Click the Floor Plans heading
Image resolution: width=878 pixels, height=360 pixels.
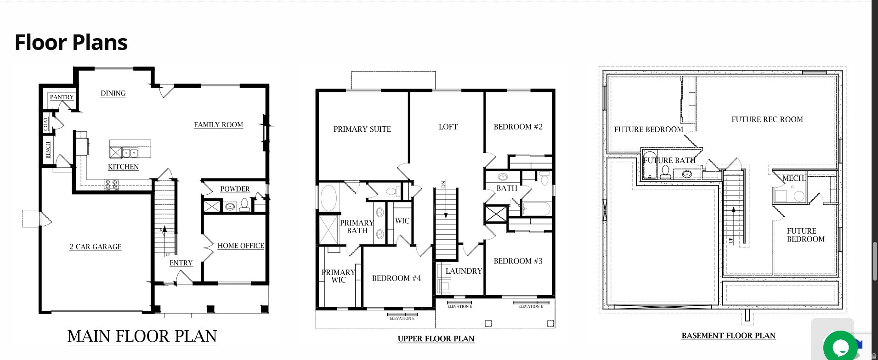tap(71, 42)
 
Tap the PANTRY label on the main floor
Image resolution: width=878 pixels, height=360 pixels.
tap(62, 97)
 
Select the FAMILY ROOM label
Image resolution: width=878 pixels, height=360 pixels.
tap(218, 124)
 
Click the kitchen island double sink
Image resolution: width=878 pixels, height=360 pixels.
tap(130, 153)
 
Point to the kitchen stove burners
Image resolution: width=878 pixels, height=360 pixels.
tap(111, 185)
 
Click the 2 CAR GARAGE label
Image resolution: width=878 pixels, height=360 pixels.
tap(96, 247)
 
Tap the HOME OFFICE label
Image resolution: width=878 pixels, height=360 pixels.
tap(240, 246)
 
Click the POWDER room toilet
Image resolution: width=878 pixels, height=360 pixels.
tap(244, 205)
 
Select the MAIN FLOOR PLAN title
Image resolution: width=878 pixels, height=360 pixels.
tap(142, 336)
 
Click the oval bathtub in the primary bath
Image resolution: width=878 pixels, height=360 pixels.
tap(328, 198)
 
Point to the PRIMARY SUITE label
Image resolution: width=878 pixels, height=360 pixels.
tap(362, 129)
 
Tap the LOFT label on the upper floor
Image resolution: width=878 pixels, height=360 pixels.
tap(448, 127)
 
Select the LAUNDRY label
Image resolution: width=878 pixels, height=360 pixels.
tap(464, 271)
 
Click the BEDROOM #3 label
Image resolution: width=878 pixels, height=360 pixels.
tap(518, 261)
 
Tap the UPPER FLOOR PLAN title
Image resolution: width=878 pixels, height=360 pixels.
tap(436, 339)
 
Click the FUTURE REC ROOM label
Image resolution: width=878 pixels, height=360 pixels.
tap(767, 119)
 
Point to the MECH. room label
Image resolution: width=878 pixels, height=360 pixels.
tap(793, 178)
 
